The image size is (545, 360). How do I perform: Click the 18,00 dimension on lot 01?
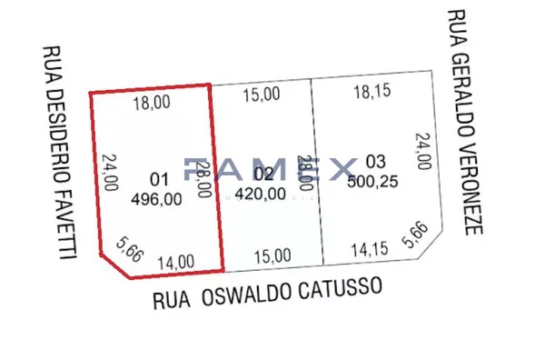pyautogui.click(x=152, y=103)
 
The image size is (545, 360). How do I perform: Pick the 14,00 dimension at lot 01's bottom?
pyautogui.click(x=175, y=262)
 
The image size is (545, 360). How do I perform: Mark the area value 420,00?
pyautogui.click(x=261, y=193)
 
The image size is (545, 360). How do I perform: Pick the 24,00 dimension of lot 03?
pyautogui.click(x=422, y=152)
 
